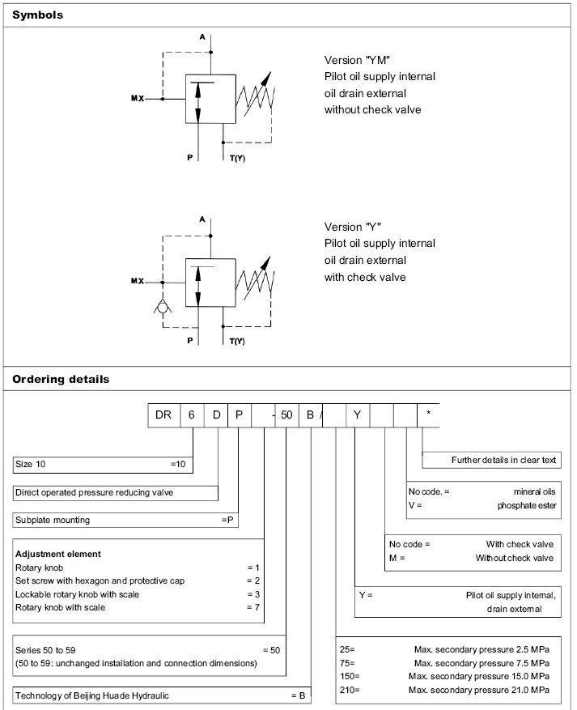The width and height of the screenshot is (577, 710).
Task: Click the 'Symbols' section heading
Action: [37, 15]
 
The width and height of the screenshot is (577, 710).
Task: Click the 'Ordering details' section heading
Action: [60, 379]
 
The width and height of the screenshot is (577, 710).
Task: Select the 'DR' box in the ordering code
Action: [163, 415]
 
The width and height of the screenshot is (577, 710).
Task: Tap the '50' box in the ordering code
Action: [286, 415]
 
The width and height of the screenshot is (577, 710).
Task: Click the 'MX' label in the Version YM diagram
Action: [138, 99]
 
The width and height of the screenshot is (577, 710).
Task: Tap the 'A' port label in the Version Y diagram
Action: [202, 219]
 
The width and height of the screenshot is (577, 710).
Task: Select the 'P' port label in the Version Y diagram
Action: [190, 341]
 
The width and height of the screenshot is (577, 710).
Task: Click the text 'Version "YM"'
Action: [358, 60]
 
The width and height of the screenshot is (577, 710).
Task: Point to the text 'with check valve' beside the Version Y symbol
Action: [365, 277]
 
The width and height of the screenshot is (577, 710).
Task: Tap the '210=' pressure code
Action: [350, 689]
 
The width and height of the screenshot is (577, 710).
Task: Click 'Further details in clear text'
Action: [503, 460]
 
